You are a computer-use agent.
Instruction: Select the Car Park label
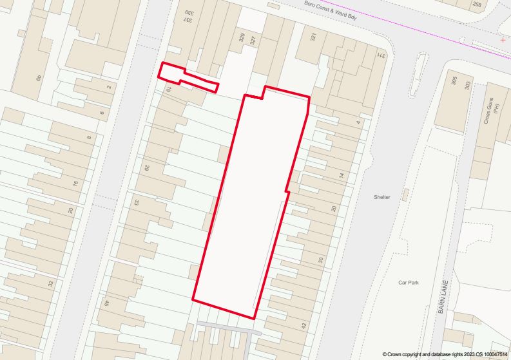tap(409, 282)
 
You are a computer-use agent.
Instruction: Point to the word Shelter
tap(381, 197)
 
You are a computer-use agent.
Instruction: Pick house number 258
tap(477, 5)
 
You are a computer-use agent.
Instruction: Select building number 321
tap(314, 37)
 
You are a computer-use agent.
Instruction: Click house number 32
tap(50, 283)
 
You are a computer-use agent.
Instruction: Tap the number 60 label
tap(39, 78)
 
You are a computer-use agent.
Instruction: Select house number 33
tap(137, 202)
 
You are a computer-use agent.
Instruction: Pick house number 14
tap(343, 175)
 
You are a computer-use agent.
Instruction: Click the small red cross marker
tap(503, 39)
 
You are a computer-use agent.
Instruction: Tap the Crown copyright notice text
tap(445, 354)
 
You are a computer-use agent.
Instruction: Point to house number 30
tap(320, 260)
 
